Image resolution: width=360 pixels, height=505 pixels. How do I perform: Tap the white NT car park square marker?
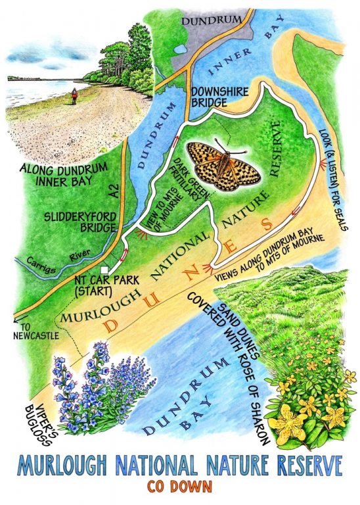[104, 270]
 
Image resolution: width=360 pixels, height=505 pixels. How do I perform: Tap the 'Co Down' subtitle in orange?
[180, 491]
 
